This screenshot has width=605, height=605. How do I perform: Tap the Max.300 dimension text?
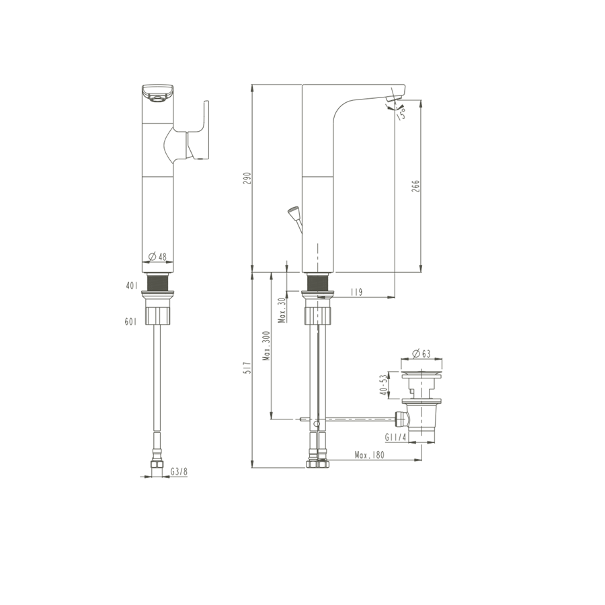[267, 346]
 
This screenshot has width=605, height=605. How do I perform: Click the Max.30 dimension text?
[283, 310]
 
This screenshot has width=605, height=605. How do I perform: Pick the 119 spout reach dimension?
[356, 292]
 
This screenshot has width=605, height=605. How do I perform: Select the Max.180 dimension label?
[370, 455]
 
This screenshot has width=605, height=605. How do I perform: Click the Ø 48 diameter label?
[157, 256]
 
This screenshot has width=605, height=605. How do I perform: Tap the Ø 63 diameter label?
[421, 354]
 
